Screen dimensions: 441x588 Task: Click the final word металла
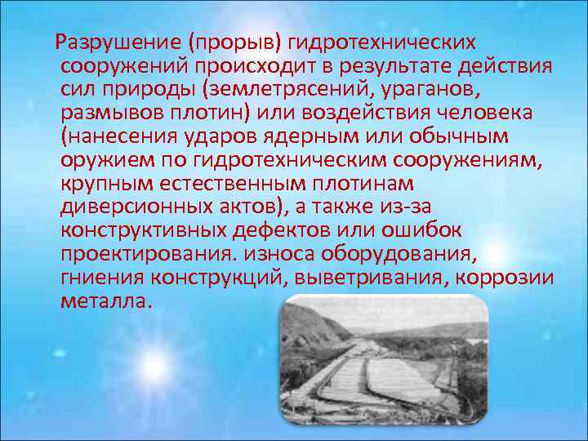click(105, 300)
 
